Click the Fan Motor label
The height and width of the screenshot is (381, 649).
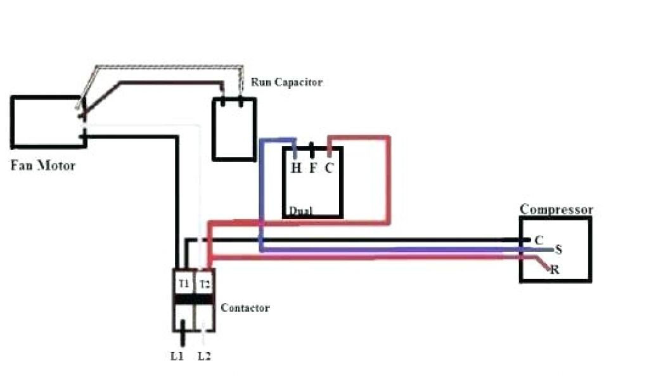(x=42, y=166)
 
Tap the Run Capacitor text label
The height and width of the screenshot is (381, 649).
(x=286, y=82)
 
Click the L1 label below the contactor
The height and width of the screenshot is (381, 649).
(x=177, y=356)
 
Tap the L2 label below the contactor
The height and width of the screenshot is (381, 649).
(x=203, y=356)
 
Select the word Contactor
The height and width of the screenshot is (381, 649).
(x=245, y=308)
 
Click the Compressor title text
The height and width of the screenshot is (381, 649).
(x=556, y=209)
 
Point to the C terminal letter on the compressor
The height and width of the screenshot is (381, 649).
(x=539, y=240)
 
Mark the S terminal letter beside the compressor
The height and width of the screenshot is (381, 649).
(x=558, y=249)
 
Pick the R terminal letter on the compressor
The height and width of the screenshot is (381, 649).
(x=555, y=269)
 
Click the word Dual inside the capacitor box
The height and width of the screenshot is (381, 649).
(x=300, y=211)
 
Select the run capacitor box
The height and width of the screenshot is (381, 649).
(x=234, y=130)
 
